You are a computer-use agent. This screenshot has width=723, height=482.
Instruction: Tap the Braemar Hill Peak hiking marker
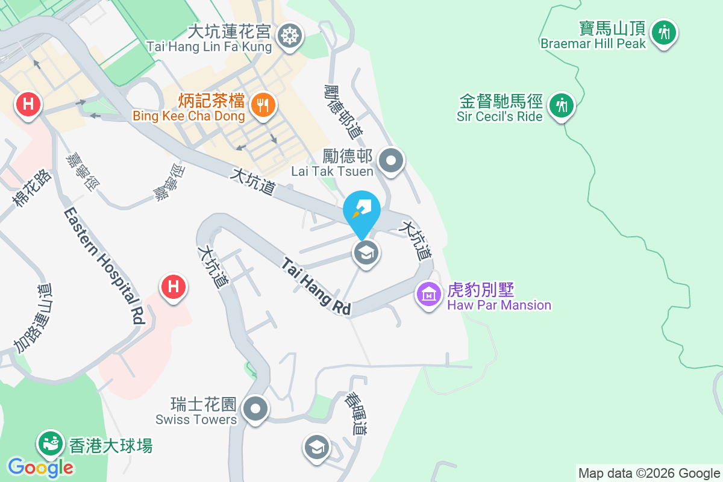click(x=665, y=32)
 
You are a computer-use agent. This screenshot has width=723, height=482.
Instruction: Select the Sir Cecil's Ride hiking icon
click(x=562, y=105)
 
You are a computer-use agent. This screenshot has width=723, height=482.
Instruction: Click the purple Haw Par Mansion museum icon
click(x=429, y=294)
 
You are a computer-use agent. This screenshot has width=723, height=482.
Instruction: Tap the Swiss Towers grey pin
click(x=256, y=409)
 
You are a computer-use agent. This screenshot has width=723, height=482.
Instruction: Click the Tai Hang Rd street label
click(x=316, y=285)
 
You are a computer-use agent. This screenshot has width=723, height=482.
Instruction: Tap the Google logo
click(x=40, y=467)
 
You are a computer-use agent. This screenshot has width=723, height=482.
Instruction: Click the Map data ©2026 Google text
click(x=649, y=473)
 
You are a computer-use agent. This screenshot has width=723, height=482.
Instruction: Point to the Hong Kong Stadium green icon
click(x=51, y=445)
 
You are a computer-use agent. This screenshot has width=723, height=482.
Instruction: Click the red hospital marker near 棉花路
click(x=28, y=104)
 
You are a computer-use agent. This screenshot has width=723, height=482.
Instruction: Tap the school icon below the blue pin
click(x=366, y=253)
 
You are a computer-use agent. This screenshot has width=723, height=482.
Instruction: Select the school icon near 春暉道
click(x=317, y=447)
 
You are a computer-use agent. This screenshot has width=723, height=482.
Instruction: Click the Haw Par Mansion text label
click(x=499, y=305)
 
